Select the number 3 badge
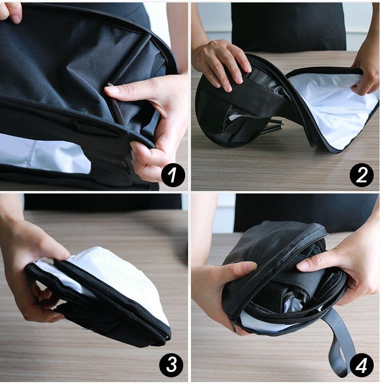point(171,366)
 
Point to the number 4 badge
point(362,366)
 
